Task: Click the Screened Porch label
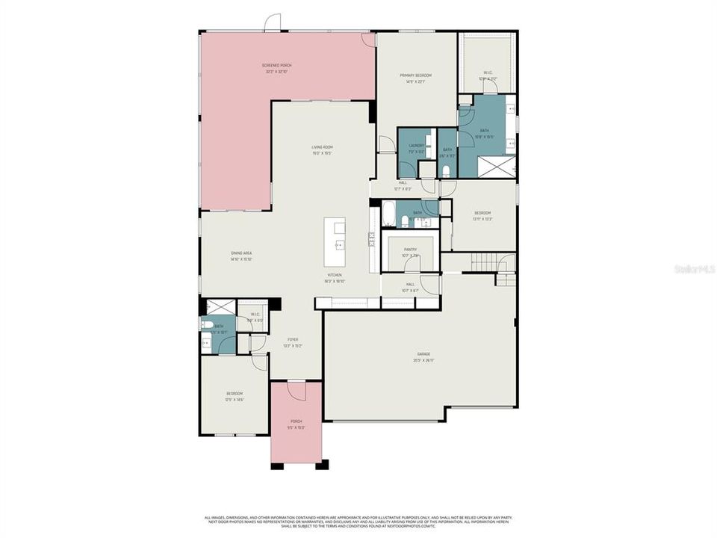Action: (276, 68)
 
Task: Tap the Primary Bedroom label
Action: (415, 78)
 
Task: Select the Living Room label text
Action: (322, 149)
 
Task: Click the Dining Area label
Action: (241, 256)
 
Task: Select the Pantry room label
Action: (410, 253)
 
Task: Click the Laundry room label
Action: (416, 149)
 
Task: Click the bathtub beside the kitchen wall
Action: (388, 212)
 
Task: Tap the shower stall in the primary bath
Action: (496, 166)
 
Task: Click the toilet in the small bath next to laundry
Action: (446, 171)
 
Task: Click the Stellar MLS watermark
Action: (694, 267)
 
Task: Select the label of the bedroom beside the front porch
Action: (235, 396)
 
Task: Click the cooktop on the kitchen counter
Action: (371, 239)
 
